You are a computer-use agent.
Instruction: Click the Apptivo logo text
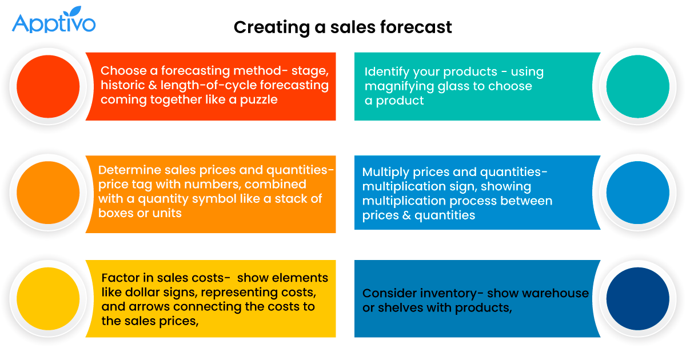click(53, 23)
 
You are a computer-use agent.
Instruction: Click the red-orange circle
click(48, 87)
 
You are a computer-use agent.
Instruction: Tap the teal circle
click(637, 87)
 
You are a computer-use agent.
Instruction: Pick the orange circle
click(48, 193)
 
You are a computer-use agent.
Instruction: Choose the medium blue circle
click(637, 193)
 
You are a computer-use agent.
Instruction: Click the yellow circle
click(48, 298)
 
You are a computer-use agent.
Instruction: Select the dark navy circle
click(637, 298)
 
